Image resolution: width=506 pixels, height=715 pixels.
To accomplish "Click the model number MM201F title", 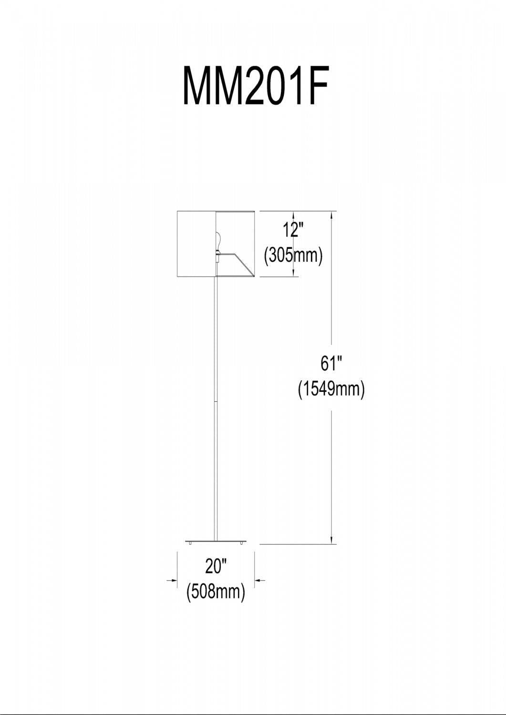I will [x=256, y=86].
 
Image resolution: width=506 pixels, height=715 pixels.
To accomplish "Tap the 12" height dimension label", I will [x=293, y=230].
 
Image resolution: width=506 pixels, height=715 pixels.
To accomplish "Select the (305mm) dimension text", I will [x=293, y=255].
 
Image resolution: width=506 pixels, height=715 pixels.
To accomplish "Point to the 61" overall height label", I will [x=331, y=364].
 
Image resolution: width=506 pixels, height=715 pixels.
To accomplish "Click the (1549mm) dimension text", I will [x=331, y=389].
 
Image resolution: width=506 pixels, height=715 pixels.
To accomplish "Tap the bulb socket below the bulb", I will [x=218, y=256].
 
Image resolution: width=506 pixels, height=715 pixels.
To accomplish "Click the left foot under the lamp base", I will [x=190, y=543].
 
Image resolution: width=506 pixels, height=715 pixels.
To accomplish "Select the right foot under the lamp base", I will [x=242, y=543].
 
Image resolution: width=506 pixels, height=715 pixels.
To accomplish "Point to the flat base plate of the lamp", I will [x=217, y=541].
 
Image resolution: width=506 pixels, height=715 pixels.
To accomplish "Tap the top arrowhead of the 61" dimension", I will [x=332, y=215].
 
